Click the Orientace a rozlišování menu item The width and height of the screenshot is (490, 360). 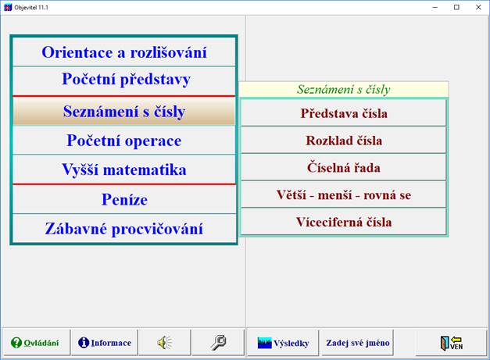pyautogui.click(x=123, y=52)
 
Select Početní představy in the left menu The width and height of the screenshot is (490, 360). pyautogui.click(x=123, y=80)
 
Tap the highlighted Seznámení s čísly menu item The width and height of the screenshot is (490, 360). pyautogui.click(x=123, y=112)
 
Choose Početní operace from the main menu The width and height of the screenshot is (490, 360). pyautogui.click(x=123, y=141)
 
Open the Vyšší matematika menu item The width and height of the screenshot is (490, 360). pyautogui.click(x=123, y=169)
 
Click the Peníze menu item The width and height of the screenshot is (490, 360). pyautogui.click(x=123, y=199)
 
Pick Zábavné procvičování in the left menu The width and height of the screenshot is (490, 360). pyautogui.click(x=123, y=229)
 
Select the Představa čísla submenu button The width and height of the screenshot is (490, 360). pyautogui.click(x=344, y=113)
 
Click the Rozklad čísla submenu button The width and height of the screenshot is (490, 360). pyautogui.click(x=344, y=141)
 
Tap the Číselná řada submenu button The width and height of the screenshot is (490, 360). pyautogui.click(x=344, y=167)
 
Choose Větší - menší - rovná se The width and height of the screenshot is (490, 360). pyautogui.click(x=344, y=194)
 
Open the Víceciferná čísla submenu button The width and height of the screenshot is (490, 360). pyautogui.click(x=344, y=222)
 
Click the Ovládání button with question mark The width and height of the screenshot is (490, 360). pyautogui.click(x=35, y=343)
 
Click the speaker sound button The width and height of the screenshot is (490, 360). pyautogui.click(x=163, y=343)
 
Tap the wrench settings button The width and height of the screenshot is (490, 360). pyautogui.click(x=219, y=343)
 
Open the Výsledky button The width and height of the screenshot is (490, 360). pyautogui.click(x=283, y=343)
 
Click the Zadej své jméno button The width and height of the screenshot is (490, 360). pyautogui.click(x=358, y=343)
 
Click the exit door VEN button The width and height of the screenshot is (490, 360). pyautogui.click(x=452, y=343)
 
